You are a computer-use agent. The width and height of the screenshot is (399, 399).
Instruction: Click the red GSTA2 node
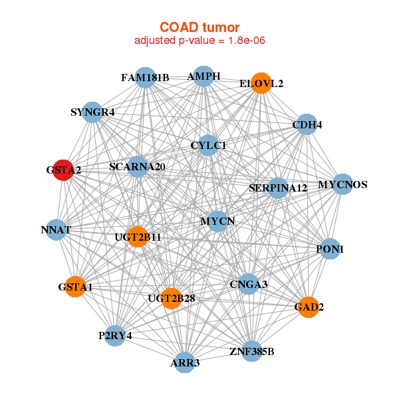[x=63, y=170]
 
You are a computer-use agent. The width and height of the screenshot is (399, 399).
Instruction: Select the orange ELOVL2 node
[x=261, y=83]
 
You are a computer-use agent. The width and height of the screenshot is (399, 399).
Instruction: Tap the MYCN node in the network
[x=217, y=221]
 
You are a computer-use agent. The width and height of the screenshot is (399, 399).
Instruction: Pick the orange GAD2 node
[x=309, y=307]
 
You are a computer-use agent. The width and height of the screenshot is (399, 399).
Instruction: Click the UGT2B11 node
[x=138, y=237]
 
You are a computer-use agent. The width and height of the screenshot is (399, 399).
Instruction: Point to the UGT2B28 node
[x=172, y=298]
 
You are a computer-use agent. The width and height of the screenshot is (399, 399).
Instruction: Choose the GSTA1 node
[x=75, y=287]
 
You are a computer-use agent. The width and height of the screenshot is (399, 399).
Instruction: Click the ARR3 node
[x=185, y=362]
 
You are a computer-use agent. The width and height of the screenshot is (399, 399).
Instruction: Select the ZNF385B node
[x=251, y=351]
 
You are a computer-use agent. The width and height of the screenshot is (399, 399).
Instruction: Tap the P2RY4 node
[x=115, y=336]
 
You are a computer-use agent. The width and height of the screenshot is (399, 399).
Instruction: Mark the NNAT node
[x=57, y=229]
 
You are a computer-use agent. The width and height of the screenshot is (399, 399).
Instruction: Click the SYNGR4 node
[x=92, y=112]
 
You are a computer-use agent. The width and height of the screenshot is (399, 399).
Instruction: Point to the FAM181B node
[x=145, y=78]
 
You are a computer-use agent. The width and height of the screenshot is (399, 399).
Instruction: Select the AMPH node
[x=203, y=76]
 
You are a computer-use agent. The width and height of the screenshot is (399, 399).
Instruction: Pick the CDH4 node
[x=307, y=124]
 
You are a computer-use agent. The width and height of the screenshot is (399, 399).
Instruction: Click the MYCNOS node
[x=342, y=184]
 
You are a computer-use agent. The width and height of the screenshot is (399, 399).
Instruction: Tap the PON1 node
[x=330, y=249]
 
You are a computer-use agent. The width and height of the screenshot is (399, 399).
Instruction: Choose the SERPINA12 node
[x=278, y=188]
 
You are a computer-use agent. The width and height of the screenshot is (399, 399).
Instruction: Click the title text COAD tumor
[x=199, y=27]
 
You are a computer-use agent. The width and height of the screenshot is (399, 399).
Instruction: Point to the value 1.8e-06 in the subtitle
[x=247, y=40]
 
